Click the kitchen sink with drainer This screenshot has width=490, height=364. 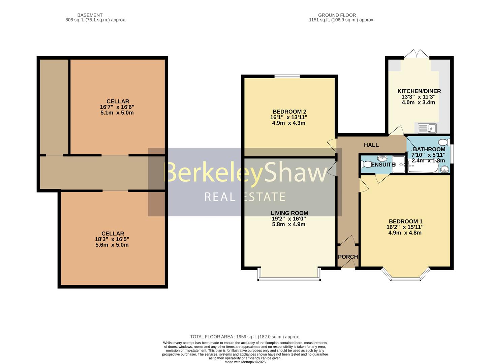click(427, 128)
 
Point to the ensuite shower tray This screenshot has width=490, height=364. click(399, 164)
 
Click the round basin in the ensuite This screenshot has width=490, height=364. click(382, 158)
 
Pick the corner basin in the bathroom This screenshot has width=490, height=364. click(445, 169)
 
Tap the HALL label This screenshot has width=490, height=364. click(371, 145)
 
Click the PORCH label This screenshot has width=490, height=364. click(348, 257)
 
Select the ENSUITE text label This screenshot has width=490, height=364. click(383, 165)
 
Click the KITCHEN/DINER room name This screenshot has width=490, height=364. click(419, 91)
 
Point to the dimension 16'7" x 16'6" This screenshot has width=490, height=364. click(117, 107)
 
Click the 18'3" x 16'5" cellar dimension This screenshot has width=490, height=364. click(112, 239)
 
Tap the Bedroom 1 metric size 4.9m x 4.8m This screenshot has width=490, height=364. click(405, 233)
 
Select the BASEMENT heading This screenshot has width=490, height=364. click(90, 15)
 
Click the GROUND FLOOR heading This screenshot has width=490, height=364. click(337, 15)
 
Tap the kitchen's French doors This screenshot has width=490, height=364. click(417, 54)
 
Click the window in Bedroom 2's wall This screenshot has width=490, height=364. click(287, 77)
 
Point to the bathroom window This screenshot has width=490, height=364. click(452, 154)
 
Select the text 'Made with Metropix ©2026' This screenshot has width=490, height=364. click(245, 362)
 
